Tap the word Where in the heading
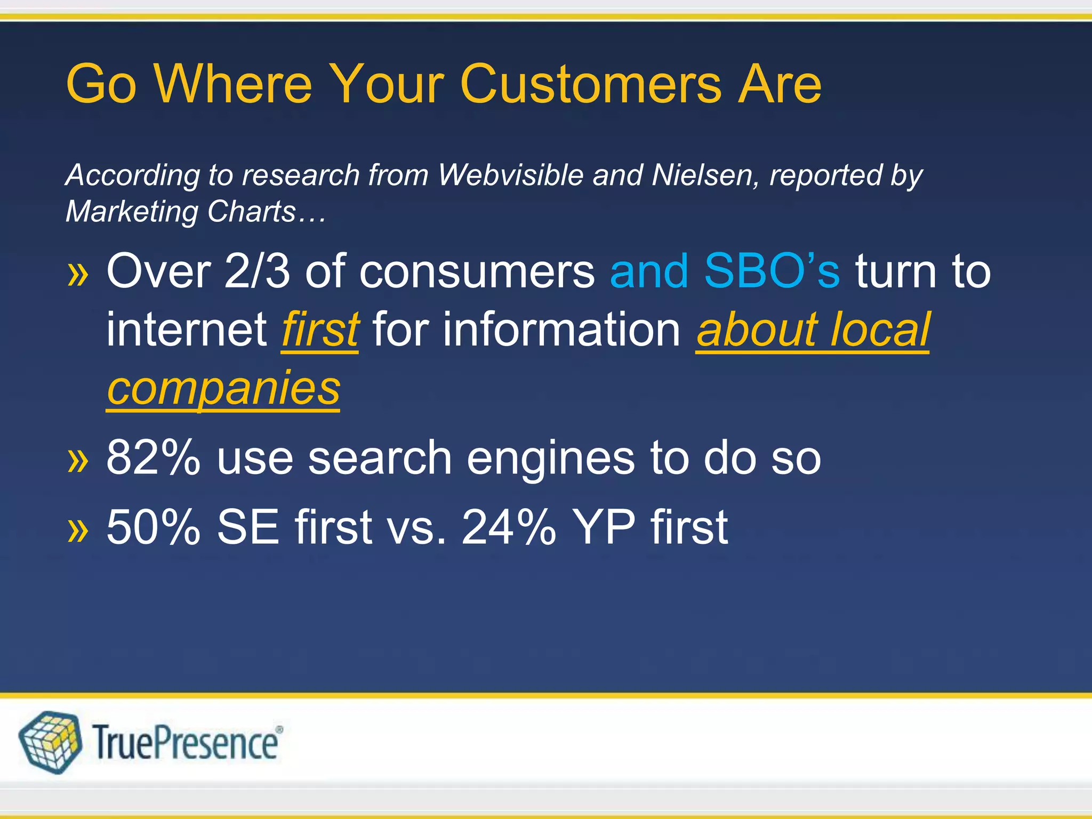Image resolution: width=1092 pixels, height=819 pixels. (x=233, y=84)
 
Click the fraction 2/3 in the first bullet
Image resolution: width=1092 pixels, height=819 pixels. (x=257, y=271)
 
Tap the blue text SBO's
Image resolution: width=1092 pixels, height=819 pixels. (x=772, y=271)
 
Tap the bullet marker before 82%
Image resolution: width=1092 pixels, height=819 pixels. (x=78, y=460)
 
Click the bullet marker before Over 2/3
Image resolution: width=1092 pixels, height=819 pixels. (x=78, y=274)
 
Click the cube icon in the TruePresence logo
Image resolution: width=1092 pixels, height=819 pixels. (x=50, y=742)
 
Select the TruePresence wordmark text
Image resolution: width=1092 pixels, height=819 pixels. (x=187, y=743)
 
